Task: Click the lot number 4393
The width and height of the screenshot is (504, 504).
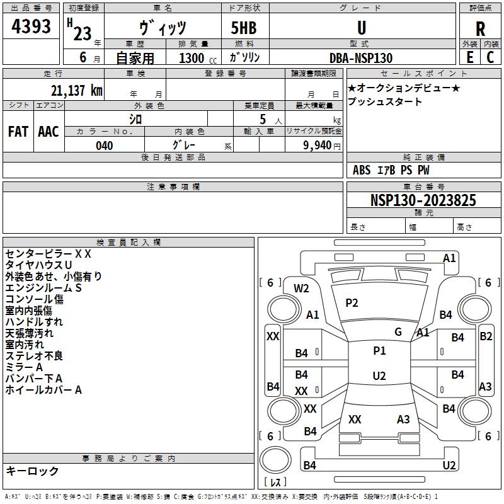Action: [31, 26]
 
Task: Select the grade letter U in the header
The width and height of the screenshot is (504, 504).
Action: [362, 28]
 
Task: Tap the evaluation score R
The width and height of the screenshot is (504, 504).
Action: [480, 29]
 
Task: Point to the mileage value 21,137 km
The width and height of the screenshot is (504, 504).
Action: [76, 91]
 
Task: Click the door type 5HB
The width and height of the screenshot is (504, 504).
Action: [244, 28]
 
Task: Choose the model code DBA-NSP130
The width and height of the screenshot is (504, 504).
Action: [361, 58]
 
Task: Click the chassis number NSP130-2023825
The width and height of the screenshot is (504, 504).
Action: [423, 200]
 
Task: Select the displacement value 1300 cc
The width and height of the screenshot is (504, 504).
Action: [198, 58]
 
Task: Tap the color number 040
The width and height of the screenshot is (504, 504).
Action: [105, 146]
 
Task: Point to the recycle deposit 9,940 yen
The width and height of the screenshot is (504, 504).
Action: [321, 146]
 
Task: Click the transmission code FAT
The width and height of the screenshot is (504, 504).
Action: [18, 132]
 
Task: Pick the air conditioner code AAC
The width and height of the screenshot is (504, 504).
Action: [49, 132]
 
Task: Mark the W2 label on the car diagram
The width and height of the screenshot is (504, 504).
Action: [301, 289]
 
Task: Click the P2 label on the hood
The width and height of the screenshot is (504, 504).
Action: [352, 303]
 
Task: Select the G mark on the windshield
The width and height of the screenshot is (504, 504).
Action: [398, 332]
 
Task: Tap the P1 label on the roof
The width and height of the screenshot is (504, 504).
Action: [379, 351]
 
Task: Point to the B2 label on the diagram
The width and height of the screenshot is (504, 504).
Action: [486, 336]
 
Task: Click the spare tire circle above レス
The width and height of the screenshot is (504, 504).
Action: [275, 460]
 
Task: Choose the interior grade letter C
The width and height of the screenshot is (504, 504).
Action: [490, 57]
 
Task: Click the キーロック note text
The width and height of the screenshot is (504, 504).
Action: [33, 471]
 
